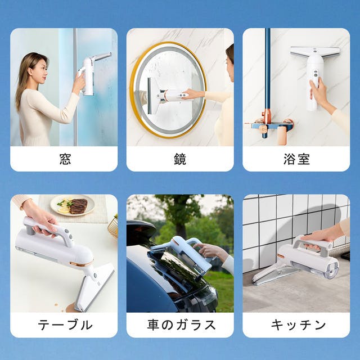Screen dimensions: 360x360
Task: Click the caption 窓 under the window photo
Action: pos(65,159)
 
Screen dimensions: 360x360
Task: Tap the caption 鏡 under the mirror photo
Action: pos(180,159)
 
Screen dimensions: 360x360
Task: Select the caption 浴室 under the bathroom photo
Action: pos(296,159)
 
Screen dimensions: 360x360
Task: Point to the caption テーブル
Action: pos(65,325)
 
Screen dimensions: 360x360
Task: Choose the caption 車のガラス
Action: pos(181,325)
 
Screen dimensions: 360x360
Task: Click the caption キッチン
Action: pos(298,325)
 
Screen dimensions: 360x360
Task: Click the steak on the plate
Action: pos(79,206)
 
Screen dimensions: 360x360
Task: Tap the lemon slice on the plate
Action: pos(64,210)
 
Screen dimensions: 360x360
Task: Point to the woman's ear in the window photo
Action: pos(30,70)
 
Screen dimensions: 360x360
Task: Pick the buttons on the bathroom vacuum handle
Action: pos(316,74)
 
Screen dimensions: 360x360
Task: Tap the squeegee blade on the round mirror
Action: pos(150,96)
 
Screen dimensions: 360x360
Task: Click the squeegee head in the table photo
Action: pos(94,288)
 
